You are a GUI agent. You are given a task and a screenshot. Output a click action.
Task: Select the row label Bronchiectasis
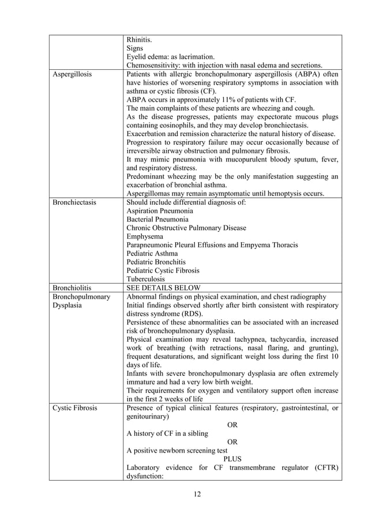tap(74, 203)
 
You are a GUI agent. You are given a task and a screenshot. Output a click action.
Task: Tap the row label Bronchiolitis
tap(72, 287)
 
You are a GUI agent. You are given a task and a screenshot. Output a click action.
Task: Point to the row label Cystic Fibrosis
tap(74, 409)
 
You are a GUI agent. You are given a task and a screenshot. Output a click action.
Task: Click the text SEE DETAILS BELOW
tap(163, 287)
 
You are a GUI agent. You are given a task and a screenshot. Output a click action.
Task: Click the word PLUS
tap(232, 459)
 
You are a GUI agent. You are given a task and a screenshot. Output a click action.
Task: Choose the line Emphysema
tap(145, 236)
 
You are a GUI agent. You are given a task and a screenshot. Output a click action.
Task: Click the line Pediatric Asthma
tap(152, 253)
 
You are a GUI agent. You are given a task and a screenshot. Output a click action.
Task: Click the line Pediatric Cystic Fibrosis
tap(163, 270)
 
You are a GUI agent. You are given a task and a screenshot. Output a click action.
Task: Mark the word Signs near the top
tap(136, 48)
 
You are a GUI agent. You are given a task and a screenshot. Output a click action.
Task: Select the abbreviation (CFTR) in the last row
tap(326, 468)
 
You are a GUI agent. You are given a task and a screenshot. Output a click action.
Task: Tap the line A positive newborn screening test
tap(177, 451)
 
